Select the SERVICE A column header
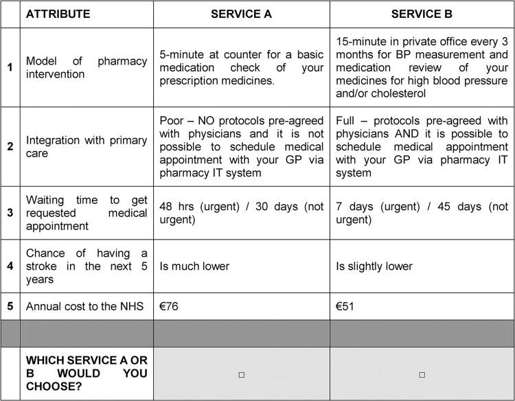pyautogui.click(x=241, y=14)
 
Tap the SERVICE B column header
pyautogui.click(x=422, y=14)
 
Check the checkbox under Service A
pyautogui.click(x=241, y=374)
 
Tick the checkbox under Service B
pyautogui.click(x=422, y=374)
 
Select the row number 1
pyautogui.click(x=10, y=67)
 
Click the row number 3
pyautogui.click(x=10, y=213)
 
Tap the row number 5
pyautogui.click(x=10, y=306)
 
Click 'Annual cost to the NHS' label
pyautogui.click(x=84, y=306)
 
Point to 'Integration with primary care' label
pyautogui.click(x=87, y=146)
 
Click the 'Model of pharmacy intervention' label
pyautogui.click(x=87, y=67)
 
